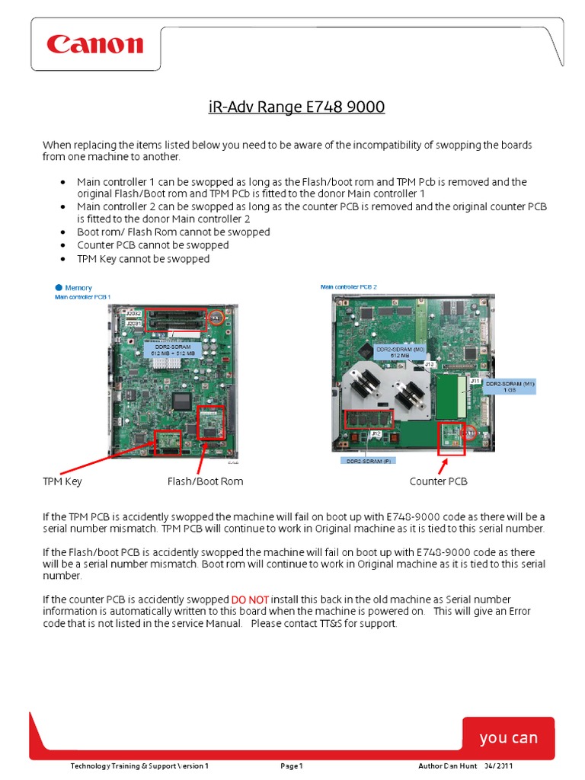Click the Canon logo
(94, 44)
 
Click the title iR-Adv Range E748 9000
(296, 107)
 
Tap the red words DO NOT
(249, 599)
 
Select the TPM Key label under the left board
(62, 481)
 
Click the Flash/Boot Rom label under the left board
(205, 481)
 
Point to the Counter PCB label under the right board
(438, 481)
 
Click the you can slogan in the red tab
(508, 737)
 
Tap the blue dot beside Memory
(58, 287)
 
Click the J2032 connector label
(134, 313)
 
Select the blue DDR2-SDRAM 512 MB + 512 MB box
(173, 350)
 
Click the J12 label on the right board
(376, 433)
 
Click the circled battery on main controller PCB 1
(216, 316)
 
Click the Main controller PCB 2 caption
(349, 287)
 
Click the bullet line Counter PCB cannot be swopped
(152, 245)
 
